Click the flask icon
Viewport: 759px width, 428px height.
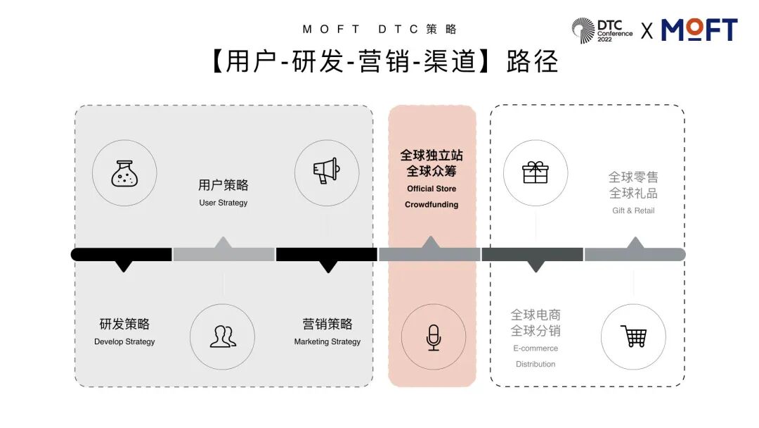tap(125, 173)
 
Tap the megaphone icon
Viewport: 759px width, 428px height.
tap(326, 171)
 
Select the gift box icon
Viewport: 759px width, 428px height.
tap(536, 172)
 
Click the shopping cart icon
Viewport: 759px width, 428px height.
tap(633, 336)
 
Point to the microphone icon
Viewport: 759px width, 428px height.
tap(433, 337)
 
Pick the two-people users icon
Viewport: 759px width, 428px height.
tap(223, 336)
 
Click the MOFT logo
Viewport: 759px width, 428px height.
tap(699, 30)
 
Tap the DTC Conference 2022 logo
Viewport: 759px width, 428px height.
tap(602, 30)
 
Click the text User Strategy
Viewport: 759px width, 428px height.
tap(223, 203)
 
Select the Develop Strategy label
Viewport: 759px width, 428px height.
tap(124, 341)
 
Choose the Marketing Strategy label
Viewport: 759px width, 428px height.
tap(327, 341)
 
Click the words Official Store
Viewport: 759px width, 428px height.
tap(432, 189)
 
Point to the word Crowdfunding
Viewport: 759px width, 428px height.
tap(432, 205)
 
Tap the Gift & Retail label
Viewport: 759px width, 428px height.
tap(633, 210)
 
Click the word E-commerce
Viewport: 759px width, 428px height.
tap(536, 348)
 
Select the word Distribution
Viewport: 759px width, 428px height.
tap(536, 364)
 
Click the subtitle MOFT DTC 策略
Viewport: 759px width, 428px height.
tap(379, 29)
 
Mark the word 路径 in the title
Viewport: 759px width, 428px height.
tap(532, 62)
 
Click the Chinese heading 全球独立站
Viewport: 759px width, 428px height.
tap(432, 155)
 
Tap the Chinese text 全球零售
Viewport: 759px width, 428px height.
tap(633, 177)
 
